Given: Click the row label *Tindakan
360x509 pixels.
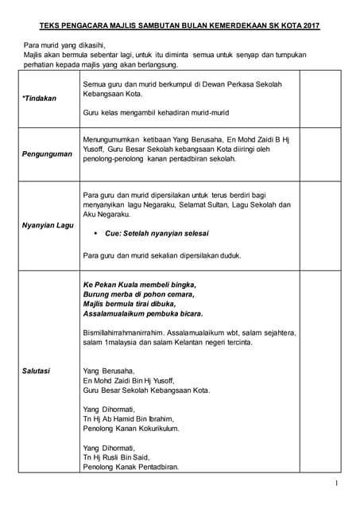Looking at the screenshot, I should click(34, 99).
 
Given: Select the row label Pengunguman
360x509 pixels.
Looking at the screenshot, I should click(42, 153).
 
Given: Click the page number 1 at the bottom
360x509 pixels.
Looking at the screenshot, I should click(338, 484).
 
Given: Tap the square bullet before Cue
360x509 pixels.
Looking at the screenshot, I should click(96, 234).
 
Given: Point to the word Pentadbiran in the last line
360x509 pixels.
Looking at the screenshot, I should click(154, 467).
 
